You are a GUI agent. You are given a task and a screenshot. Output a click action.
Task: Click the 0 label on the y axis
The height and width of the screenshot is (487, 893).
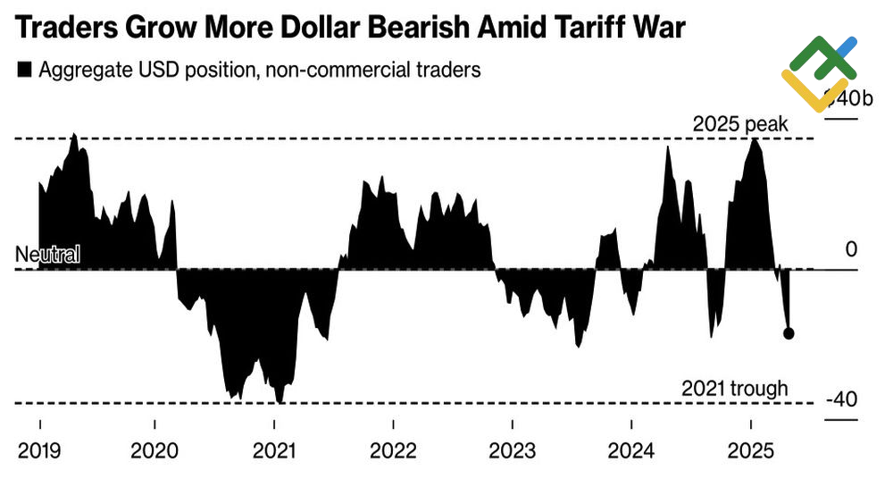pyautogui.click(x=851, y=249)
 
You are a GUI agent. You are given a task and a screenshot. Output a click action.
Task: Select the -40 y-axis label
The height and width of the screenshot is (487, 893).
pyautogui.click(x=841, y=399)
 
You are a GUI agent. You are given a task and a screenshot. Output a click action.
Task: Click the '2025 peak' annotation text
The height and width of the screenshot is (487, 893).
pyautogui.click(x=740, y=124)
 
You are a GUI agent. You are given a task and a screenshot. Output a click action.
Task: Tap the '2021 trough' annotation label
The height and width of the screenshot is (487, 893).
pyautogui.click(x=734, y=389)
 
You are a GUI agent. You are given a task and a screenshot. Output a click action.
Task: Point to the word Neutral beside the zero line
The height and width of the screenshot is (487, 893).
pyautogui.click(x=47, y=255)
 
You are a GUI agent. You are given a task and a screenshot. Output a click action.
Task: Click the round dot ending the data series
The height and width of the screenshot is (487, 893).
pyautogui.click(x=789, y=334)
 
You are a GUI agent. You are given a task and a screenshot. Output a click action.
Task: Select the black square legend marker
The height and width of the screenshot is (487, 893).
pyautogui.click(x=24, y=70)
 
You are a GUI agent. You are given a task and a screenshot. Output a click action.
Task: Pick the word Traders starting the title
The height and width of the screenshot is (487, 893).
pyautogui.click(x=68, y=29)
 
